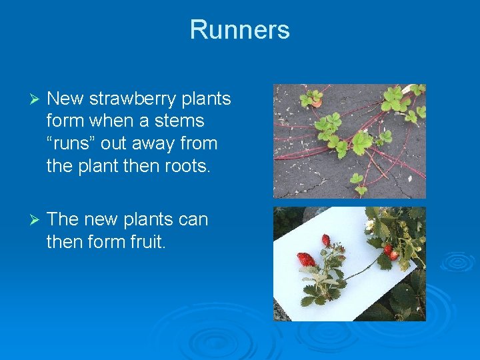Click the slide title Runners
click(x=239, y=30)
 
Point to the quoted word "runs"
click(x=75, y=143)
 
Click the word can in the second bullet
click(x=193, y=219)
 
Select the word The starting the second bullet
click(x=63, y=219)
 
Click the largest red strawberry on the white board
click(x=305, y=259)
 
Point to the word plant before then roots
click(x=99, y=165)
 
